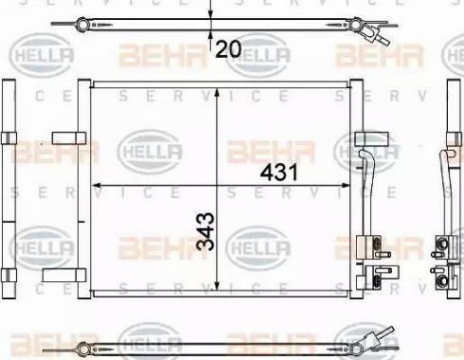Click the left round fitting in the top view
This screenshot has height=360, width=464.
tap(83, 23)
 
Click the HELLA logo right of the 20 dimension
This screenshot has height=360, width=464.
tap(261, 58)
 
